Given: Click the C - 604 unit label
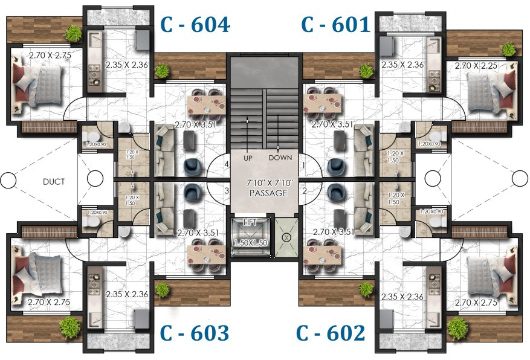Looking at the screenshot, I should (x=194, y=25).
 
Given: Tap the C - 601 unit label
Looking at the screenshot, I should (x=335, y=25).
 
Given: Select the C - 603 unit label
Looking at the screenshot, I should (x=194, y=333).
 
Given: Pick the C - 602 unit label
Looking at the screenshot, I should (x=331, y=333).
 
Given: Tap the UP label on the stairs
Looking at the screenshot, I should (x=248, y=158).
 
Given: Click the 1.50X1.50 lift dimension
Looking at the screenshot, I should (x=250, y=242).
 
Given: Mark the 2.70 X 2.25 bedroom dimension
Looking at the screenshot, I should (x=475, y=65).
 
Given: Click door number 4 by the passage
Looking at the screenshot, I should (x=227, y=164).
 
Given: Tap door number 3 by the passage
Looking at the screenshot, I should (x=227, y=191).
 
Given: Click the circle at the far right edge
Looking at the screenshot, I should (x=520, y=179).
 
